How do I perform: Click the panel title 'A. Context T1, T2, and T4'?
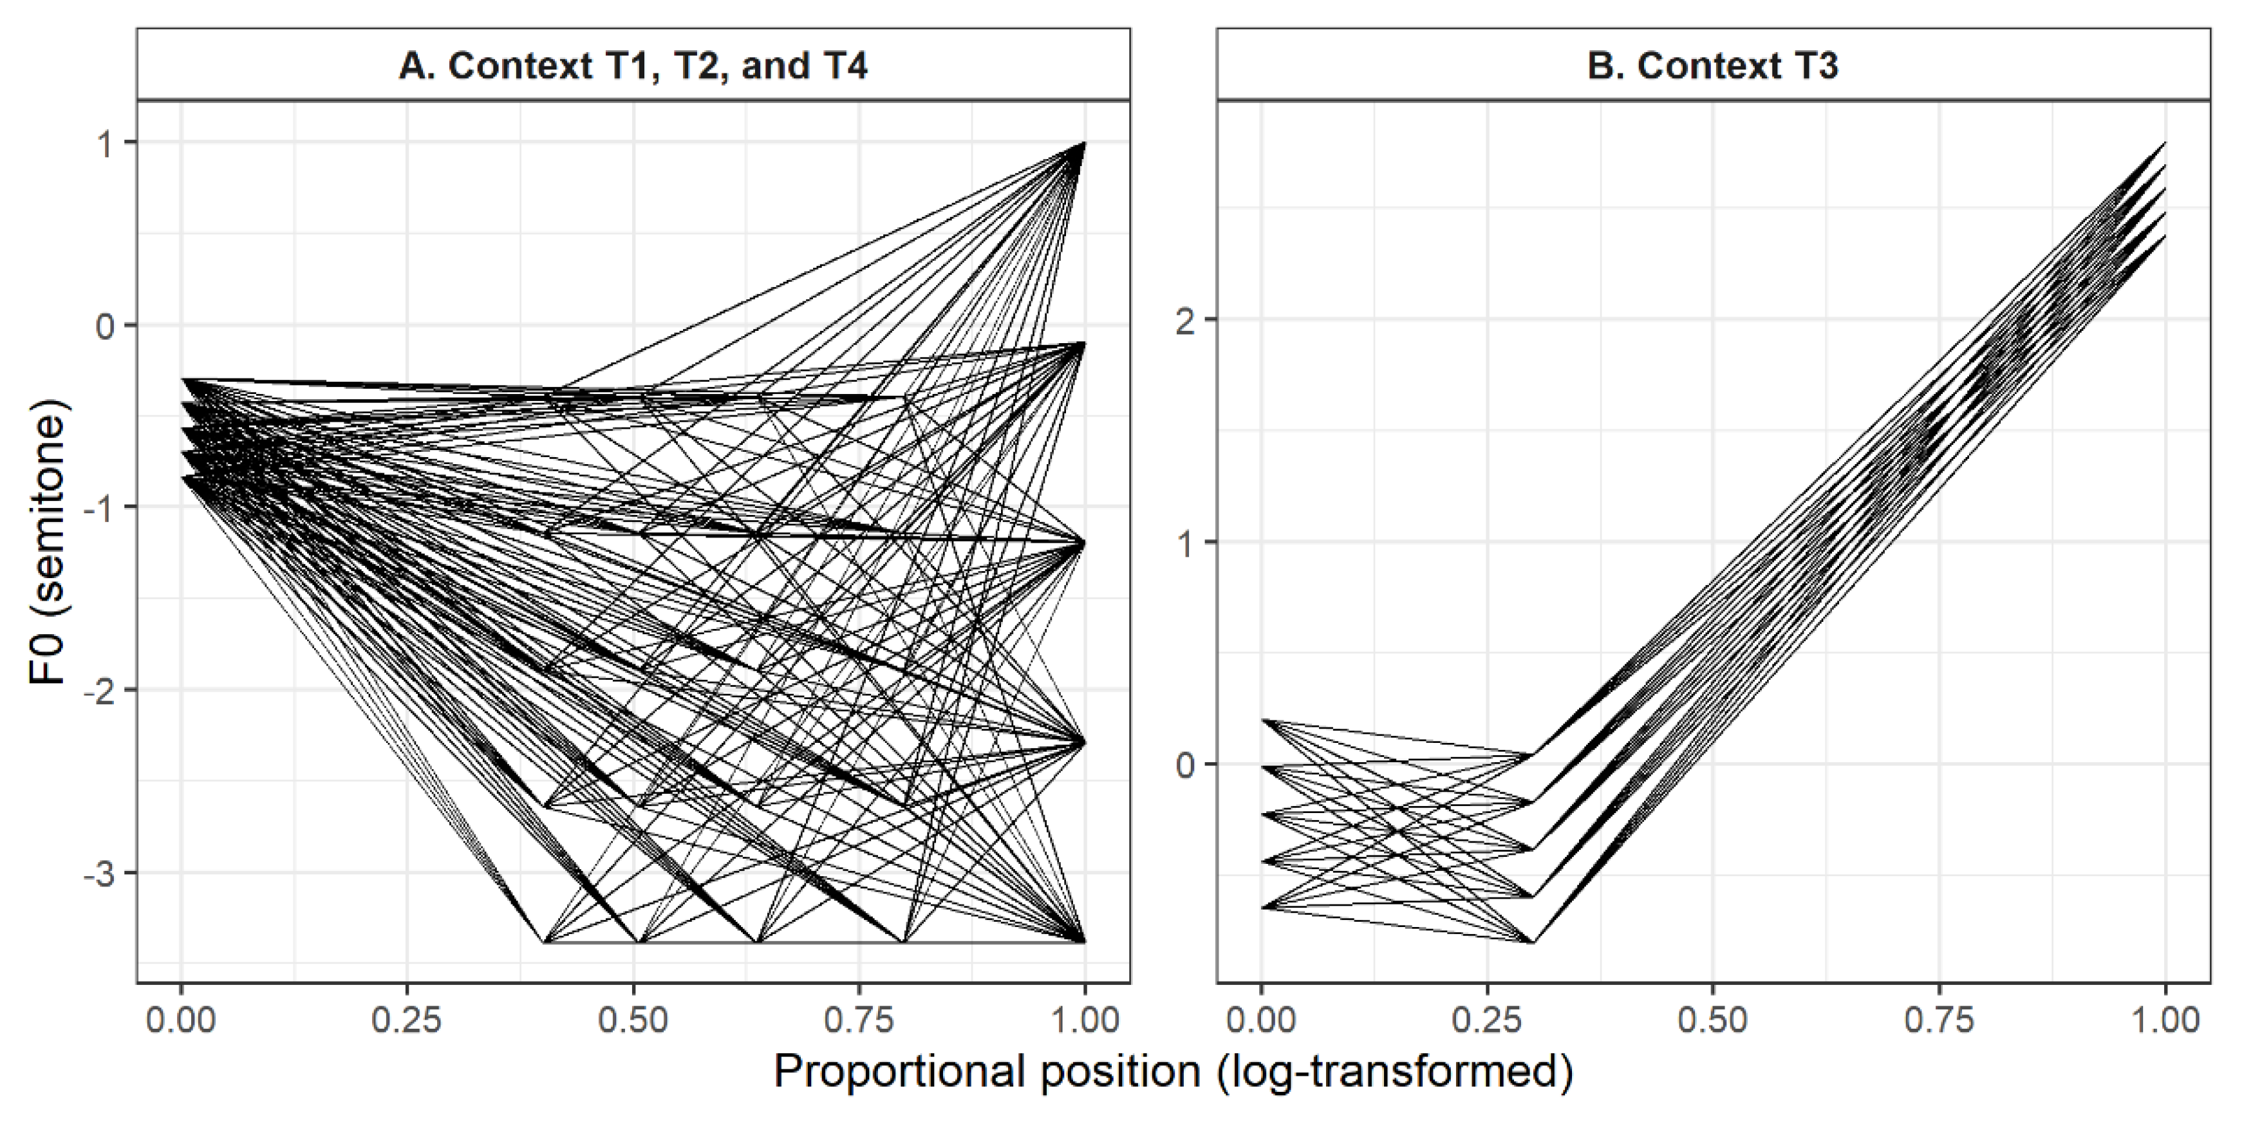pyautogui.click(x=633, y=66)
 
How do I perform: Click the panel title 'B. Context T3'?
pyautogui.click(x=1713, y=66)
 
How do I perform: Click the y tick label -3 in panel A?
pyautogui.click(x=101, y=874)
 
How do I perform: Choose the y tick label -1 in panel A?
pyautogui.click(x=101, y=508)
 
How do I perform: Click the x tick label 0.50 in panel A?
pyautogui.click(x=633, y=1020)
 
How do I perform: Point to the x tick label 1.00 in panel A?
pyautogui.click(x=1085, y=1020)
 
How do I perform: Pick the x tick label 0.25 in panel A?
pyautogui.click(x=407, y=1020)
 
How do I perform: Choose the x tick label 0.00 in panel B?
pyautogui.click(x=1260, y=1020)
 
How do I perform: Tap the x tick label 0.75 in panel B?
pyautogui.click(x=1939, y=1020)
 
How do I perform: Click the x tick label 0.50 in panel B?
pyautogui.click(x=1713, y=1020)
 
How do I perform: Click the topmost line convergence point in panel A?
pyautogui.click(x=1083, y=143)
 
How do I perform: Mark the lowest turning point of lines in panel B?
pyautogui.click(x=1532, y=942)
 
